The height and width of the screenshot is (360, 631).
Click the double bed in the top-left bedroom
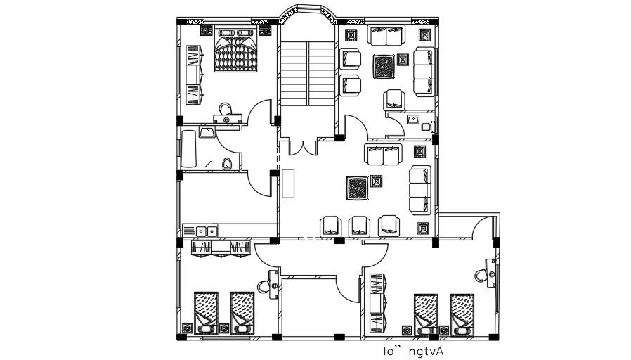pos(235,51)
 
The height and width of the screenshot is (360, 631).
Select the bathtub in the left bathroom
pos(190,148)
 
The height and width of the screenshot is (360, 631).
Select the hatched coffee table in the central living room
pos(357,188)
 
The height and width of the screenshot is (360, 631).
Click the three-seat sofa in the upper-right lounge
pos(424,72)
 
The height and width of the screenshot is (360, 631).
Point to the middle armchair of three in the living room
pos(360,226)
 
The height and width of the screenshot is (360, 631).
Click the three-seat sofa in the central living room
pos(420,188)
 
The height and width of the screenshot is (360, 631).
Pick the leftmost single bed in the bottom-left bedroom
pos(206,311)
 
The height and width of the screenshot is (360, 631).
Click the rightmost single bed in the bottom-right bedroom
pos(462,314)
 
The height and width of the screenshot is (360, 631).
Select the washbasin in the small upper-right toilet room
pos(413,119)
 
